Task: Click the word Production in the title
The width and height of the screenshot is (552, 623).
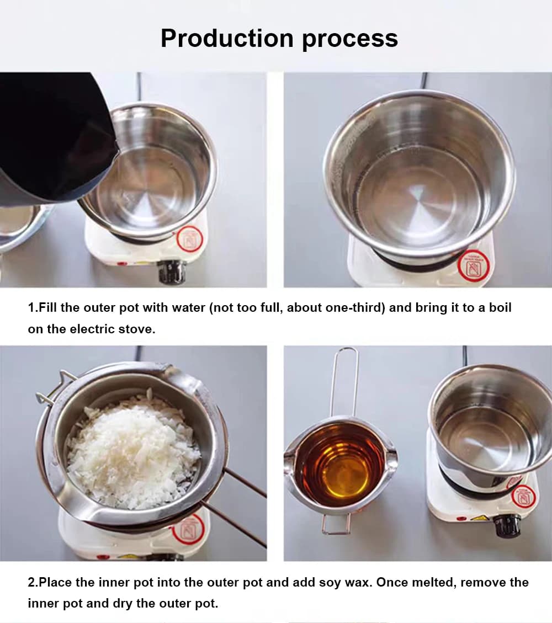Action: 227,38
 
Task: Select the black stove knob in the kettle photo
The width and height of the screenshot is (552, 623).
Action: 172,271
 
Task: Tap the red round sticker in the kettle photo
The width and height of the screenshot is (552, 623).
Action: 190,239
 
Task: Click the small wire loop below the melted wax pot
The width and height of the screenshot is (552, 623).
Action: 336,524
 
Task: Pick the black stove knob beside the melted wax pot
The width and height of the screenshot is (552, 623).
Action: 507,525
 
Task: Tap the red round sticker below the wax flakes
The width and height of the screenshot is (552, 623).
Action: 188,529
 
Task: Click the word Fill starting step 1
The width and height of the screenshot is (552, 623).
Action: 47,307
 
